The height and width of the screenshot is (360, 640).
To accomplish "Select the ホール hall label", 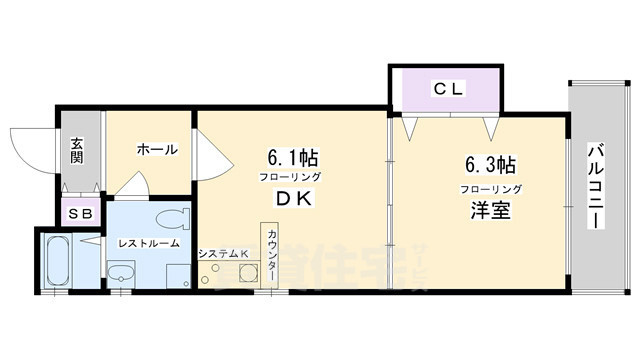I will (x=156, y=150).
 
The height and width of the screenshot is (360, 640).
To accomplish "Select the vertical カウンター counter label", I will (x=272, y=258).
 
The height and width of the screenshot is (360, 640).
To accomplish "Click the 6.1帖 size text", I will (x=291, y=158).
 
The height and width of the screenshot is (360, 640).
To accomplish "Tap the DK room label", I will (x=292, y=199).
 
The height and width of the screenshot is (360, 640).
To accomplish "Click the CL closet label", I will (x=446, y=89).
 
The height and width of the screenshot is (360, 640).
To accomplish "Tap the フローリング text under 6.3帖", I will (x=490, y=188).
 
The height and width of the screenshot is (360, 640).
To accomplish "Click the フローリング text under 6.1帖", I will (x=292, y=177).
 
